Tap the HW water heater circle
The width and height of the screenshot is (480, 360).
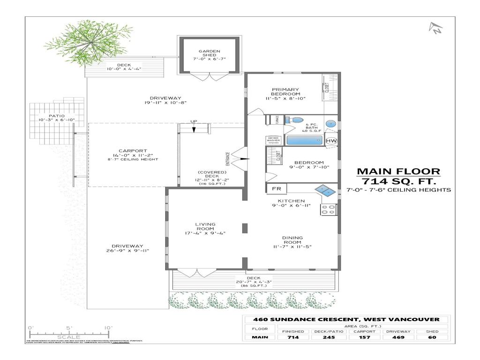[x=331, y=141]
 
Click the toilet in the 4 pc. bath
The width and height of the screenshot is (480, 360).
[x=295, y=120]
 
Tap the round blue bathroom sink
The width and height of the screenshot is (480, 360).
[x=331, y=124]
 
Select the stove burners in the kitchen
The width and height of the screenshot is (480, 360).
[x=328, y=209]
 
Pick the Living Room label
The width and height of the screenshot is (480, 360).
[x=205, y=226]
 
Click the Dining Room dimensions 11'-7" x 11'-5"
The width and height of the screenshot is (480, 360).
[x=293, y=247]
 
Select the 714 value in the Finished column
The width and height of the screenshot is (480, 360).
[x=293, y=337]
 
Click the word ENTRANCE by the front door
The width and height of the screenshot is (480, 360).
[x=228, y=158]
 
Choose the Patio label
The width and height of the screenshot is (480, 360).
[x=57, y=116]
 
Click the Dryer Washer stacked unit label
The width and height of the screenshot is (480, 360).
[x=274, y=140]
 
